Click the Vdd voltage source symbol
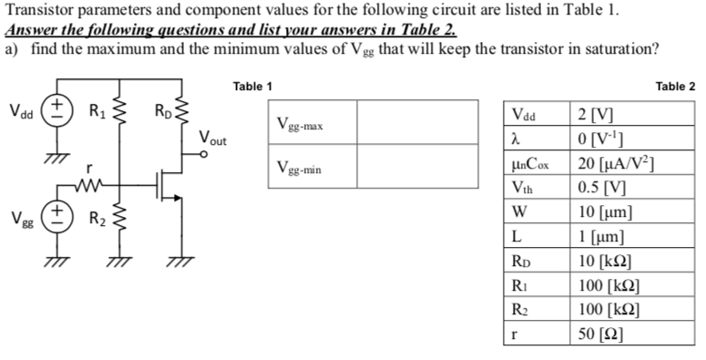(56, 111)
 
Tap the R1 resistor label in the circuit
(96, 113)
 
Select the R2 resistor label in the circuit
(96, 218)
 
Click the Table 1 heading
(252, 87)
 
